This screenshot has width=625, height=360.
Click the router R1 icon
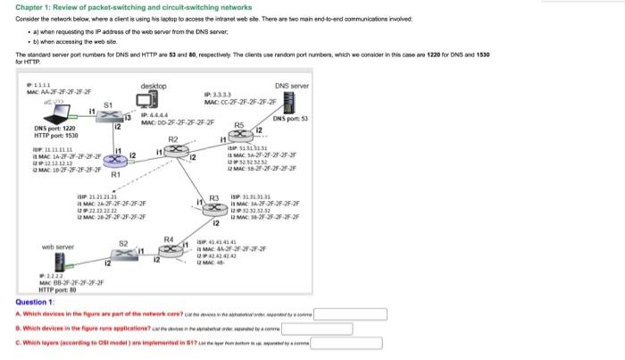(113, 160)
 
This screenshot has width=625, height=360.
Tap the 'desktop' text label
(154, 86)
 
